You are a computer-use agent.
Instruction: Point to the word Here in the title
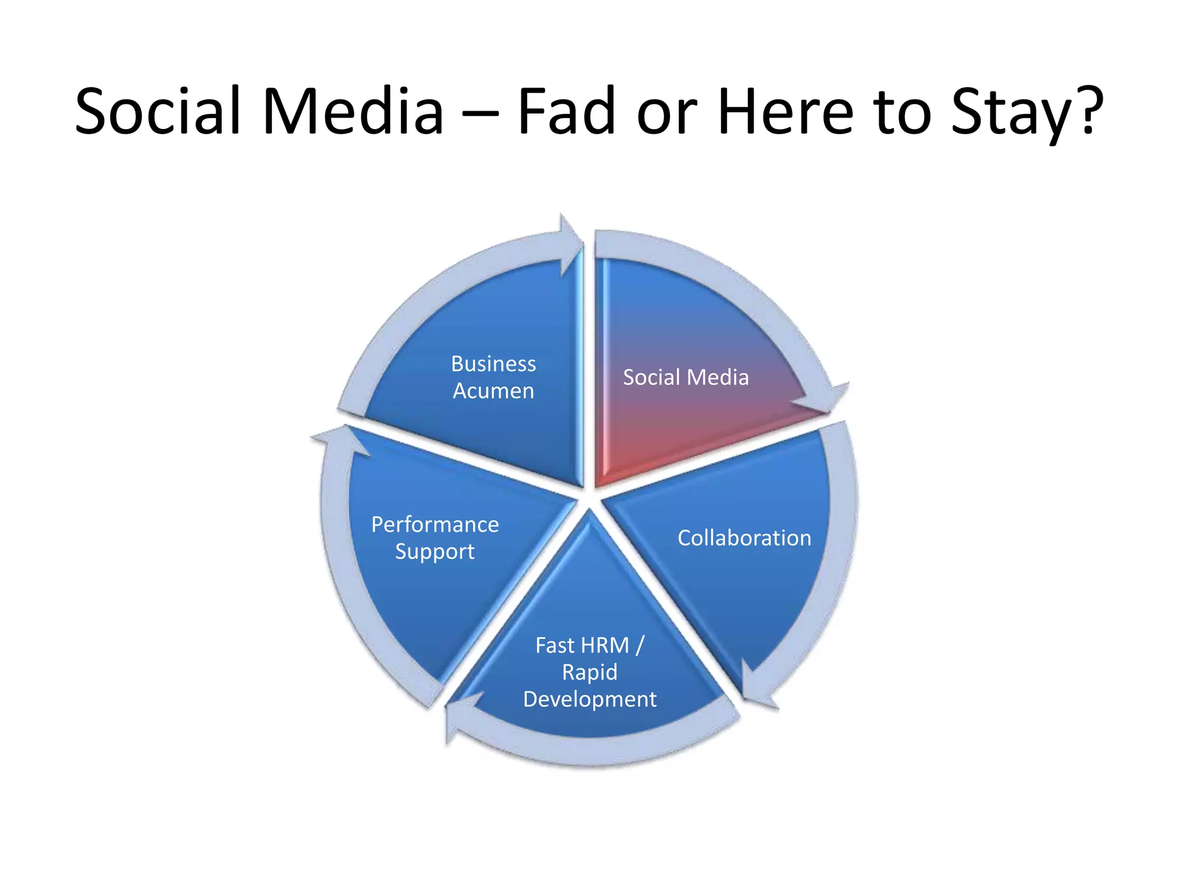[785, 111]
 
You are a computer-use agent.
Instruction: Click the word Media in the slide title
[353, 111]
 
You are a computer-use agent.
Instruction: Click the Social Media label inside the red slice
[686, 377]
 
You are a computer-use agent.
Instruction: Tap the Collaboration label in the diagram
[744, 538]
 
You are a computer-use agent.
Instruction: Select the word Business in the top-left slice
[493, 364]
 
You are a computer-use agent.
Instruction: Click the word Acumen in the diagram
[493, 391]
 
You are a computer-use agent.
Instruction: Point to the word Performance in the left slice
[435, 524]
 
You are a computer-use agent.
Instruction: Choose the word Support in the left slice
[434, 551]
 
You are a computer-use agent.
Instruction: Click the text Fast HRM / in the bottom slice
[589, 645]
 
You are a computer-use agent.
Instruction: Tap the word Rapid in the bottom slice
[589, 672]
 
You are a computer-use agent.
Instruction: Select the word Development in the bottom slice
[589, 699]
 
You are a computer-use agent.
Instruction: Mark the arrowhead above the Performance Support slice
[340, 440]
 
